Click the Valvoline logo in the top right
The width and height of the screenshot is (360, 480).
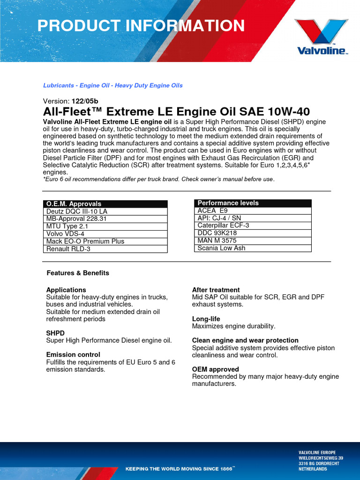click(321, 37)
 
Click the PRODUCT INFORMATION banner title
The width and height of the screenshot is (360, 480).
click(141, 26)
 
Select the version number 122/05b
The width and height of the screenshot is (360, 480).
click(84, 101)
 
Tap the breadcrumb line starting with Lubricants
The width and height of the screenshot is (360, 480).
click(112, 85)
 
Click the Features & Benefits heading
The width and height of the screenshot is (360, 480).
click(78, 273)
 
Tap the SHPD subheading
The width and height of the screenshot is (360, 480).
click(55, 333)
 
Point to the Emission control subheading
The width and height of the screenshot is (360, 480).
click(73, 355)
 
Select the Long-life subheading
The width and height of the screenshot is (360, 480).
click(206, 319)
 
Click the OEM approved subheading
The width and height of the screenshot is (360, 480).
click(215, 369)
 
